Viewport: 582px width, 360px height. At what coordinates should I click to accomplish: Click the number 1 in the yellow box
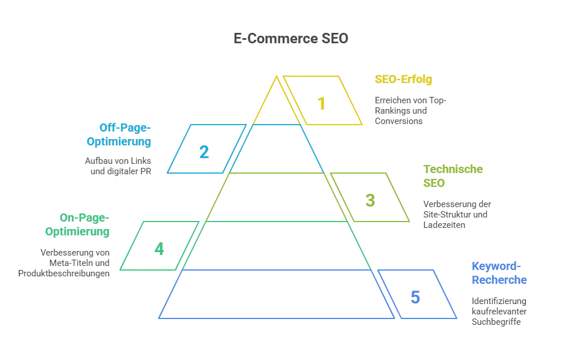[322, 104]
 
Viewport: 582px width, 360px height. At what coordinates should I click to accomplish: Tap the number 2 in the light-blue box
[204, 152]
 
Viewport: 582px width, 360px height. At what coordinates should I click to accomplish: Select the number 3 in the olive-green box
[371, 201]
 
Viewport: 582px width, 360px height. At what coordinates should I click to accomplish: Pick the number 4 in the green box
[159, 249]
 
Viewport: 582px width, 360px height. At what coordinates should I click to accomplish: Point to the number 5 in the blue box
[415, 298]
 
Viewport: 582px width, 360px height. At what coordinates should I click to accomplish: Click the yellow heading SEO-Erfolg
[403, 80]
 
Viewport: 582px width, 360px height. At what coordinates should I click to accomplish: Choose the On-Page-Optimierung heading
[78, 225]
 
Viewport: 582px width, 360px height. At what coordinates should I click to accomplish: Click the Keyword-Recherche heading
[499, 273]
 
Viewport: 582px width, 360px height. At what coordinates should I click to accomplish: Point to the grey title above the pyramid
[290, 39]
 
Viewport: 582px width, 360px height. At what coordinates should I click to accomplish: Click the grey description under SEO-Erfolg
[410, 110]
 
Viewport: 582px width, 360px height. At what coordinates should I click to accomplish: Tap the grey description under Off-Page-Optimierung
[118, 165]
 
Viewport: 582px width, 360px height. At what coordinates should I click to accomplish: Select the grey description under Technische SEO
[456, 214]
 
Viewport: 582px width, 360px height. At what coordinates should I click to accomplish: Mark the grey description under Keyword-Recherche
[500, 312]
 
